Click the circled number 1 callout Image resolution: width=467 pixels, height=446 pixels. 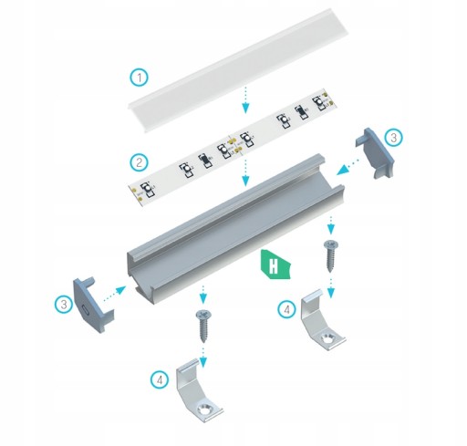point(140,78)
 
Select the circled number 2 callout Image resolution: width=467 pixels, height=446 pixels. point(140,162)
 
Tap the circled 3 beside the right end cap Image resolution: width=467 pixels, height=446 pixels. point(394,138)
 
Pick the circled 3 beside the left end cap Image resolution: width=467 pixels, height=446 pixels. point(64,304)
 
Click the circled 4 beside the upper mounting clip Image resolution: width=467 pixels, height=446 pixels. point(286,309)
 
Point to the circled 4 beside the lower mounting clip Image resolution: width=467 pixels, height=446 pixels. point(160,379)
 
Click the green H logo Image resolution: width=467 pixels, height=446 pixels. point(275,264)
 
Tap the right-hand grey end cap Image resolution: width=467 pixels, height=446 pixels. point(375,152)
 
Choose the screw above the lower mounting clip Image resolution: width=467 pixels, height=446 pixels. point(202,326)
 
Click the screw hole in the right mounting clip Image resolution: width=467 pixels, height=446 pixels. point(327,338)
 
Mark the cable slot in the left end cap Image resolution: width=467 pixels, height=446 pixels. point(87,310)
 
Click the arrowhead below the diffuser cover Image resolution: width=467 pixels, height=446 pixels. point(245,108)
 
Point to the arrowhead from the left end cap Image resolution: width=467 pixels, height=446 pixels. point(121,289)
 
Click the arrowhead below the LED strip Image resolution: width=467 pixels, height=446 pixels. point(245,181)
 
